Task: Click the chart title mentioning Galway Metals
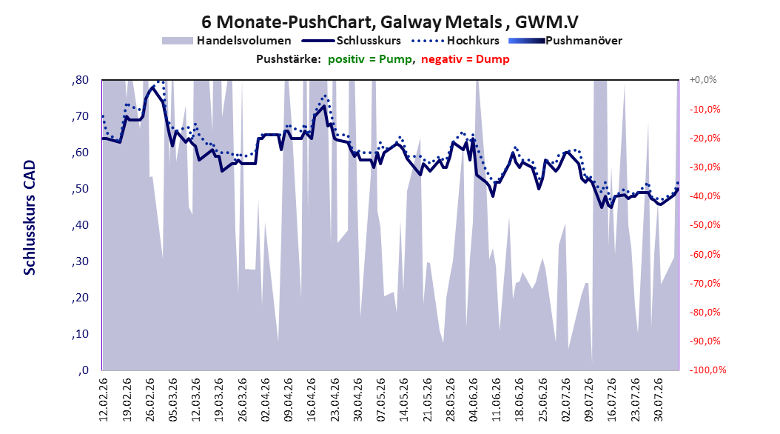point(389,22)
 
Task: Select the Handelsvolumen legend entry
point(227,41)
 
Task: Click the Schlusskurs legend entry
point(352,41)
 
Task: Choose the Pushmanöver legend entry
point(565,41)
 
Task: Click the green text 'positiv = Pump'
point(370,59)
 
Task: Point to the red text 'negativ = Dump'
point(465,59)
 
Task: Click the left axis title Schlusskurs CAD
point(30,217)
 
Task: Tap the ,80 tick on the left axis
point(80,80)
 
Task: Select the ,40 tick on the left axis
point(80,225)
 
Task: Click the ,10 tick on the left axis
point(80,334)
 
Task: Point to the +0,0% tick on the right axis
point(703,80)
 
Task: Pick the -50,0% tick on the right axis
point(705,225)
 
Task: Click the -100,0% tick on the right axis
point(707,370)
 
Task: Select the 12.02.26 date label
point(104,400)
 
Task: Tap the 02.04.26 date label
point(265,400)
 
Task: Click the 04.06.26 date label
point(473,400)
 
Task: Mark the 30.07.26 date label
point(658,400)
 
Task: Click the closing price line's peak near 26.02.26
point(153,87)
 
